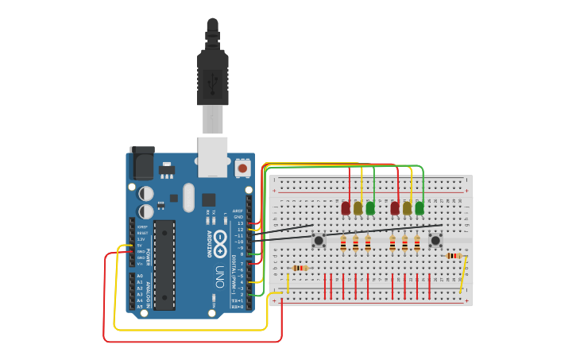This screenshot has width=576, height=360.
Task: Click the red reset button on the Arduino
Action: pos(242,168)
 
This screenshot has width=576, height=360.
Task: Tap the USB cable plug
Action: pos(213,79)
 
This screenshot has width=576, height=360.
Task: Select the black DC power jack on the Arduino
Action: pos(142,164)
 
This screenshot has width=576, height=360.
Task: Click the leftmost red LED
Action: pos(346,208)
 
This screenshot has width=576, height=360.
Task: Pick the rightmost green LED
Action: pos(419,208)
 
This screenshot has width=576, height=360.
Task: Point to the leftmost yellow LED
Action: pos(358,208)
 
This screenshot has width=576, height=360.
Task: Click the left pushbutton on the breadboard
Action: pos(319,240)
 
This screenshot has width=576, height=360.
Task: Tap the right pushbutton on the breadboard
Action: pos(435,240)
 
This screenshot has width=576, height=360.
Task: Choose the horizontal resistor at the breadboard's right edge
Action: pos(454,256)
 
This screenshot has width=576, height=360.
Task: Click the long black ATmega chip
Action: pos(164,265)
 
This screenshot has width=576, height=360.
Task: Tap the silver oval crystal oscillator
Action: pos(188,197)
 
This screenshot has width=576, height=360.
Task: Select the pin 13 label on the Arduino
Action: pos(240,223)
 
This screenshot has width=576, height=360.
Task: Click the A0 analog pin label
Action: pos(140,276)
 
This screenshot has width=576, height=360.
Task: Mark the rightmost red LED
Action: pos(395,208)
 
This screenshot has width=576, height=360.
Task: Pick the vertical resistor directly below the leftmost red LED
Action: pos(343,243)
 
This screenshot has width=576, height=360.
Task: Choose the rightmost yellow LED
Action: pos(408,208)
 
